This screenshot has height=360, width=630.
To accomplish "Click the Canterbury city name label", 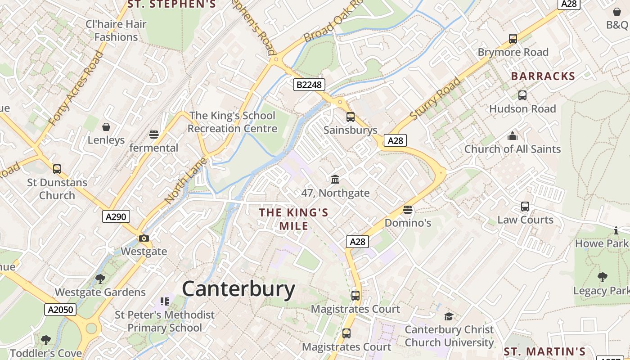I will pos(238,289).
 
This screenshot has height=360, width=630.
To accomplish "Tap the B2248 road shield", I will pos(309,84).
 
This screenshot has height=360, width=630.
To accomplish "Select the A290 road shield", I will pos(116,216).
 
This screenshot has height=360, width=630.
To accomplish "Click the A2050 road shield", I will pos(60,310).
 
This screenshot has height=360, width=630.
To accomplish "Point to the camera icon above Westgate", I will pos(144,238).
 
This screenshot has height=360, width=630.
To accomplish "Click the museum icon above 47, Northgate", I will pos(335,180).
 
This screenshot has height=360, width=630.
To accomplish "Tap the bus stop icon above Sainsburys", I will pos(351,117).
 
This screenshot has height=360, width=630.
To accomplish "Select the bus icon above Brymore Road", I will pos(513,39).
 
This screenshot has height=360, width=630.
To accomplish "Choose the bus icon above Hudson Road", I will pos(522,95).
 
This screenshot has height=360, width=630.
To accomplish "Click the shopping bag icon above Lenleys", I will pos(106,127).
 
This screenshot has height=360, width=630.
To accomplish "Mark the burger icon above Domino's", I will pos(408,209).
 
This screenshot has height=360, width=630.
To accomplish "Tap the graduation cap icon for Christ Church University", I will pos(449,316).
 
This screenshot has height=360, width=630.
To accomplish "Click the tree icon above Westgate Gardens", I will pos(100,279).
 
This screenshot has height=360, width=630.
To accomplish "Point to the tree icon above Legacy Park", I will pos(602,277).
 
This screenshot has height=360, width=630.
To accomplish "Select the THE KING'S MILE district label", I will pos(294,219).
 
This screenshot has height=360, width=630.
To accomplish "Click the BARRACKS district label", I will pos(543,76).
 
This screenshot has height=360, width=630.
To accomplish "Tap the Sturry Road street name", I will pos(436,98).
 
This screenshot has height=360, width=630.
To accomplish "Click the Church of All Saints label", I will pos(513,149).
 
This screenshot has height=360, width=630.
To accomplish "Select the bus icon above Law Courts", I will pos(525,207).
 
